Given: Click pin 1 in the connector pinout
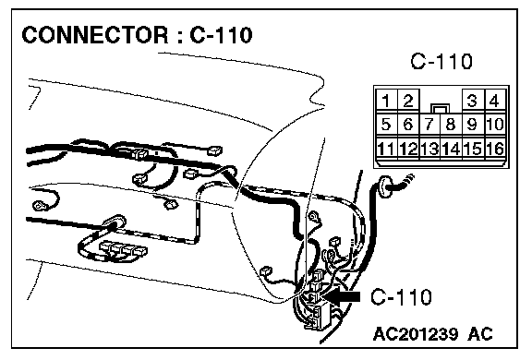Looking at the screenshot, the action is (386, 101).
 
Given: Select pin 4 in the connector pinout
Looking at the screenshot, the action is (495, 101).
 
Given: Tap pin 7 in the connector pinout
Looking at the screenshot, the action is (429, 124).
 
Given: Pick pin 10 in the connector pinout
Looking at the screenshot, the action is (495, 124).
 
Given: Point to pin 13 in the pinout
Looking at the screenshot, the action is (429, 148).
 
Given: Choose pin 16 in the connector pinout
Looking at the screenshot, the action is (495, 148).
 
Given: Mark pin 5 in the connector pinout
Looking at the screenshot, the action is (386, 124).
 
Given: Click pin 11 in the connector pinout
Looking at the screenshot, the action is (386, 148).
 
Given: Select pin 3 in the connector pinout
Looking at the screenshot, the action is (473, 101).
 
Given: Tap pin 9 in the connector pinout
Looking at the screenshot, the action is (473, 124).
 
